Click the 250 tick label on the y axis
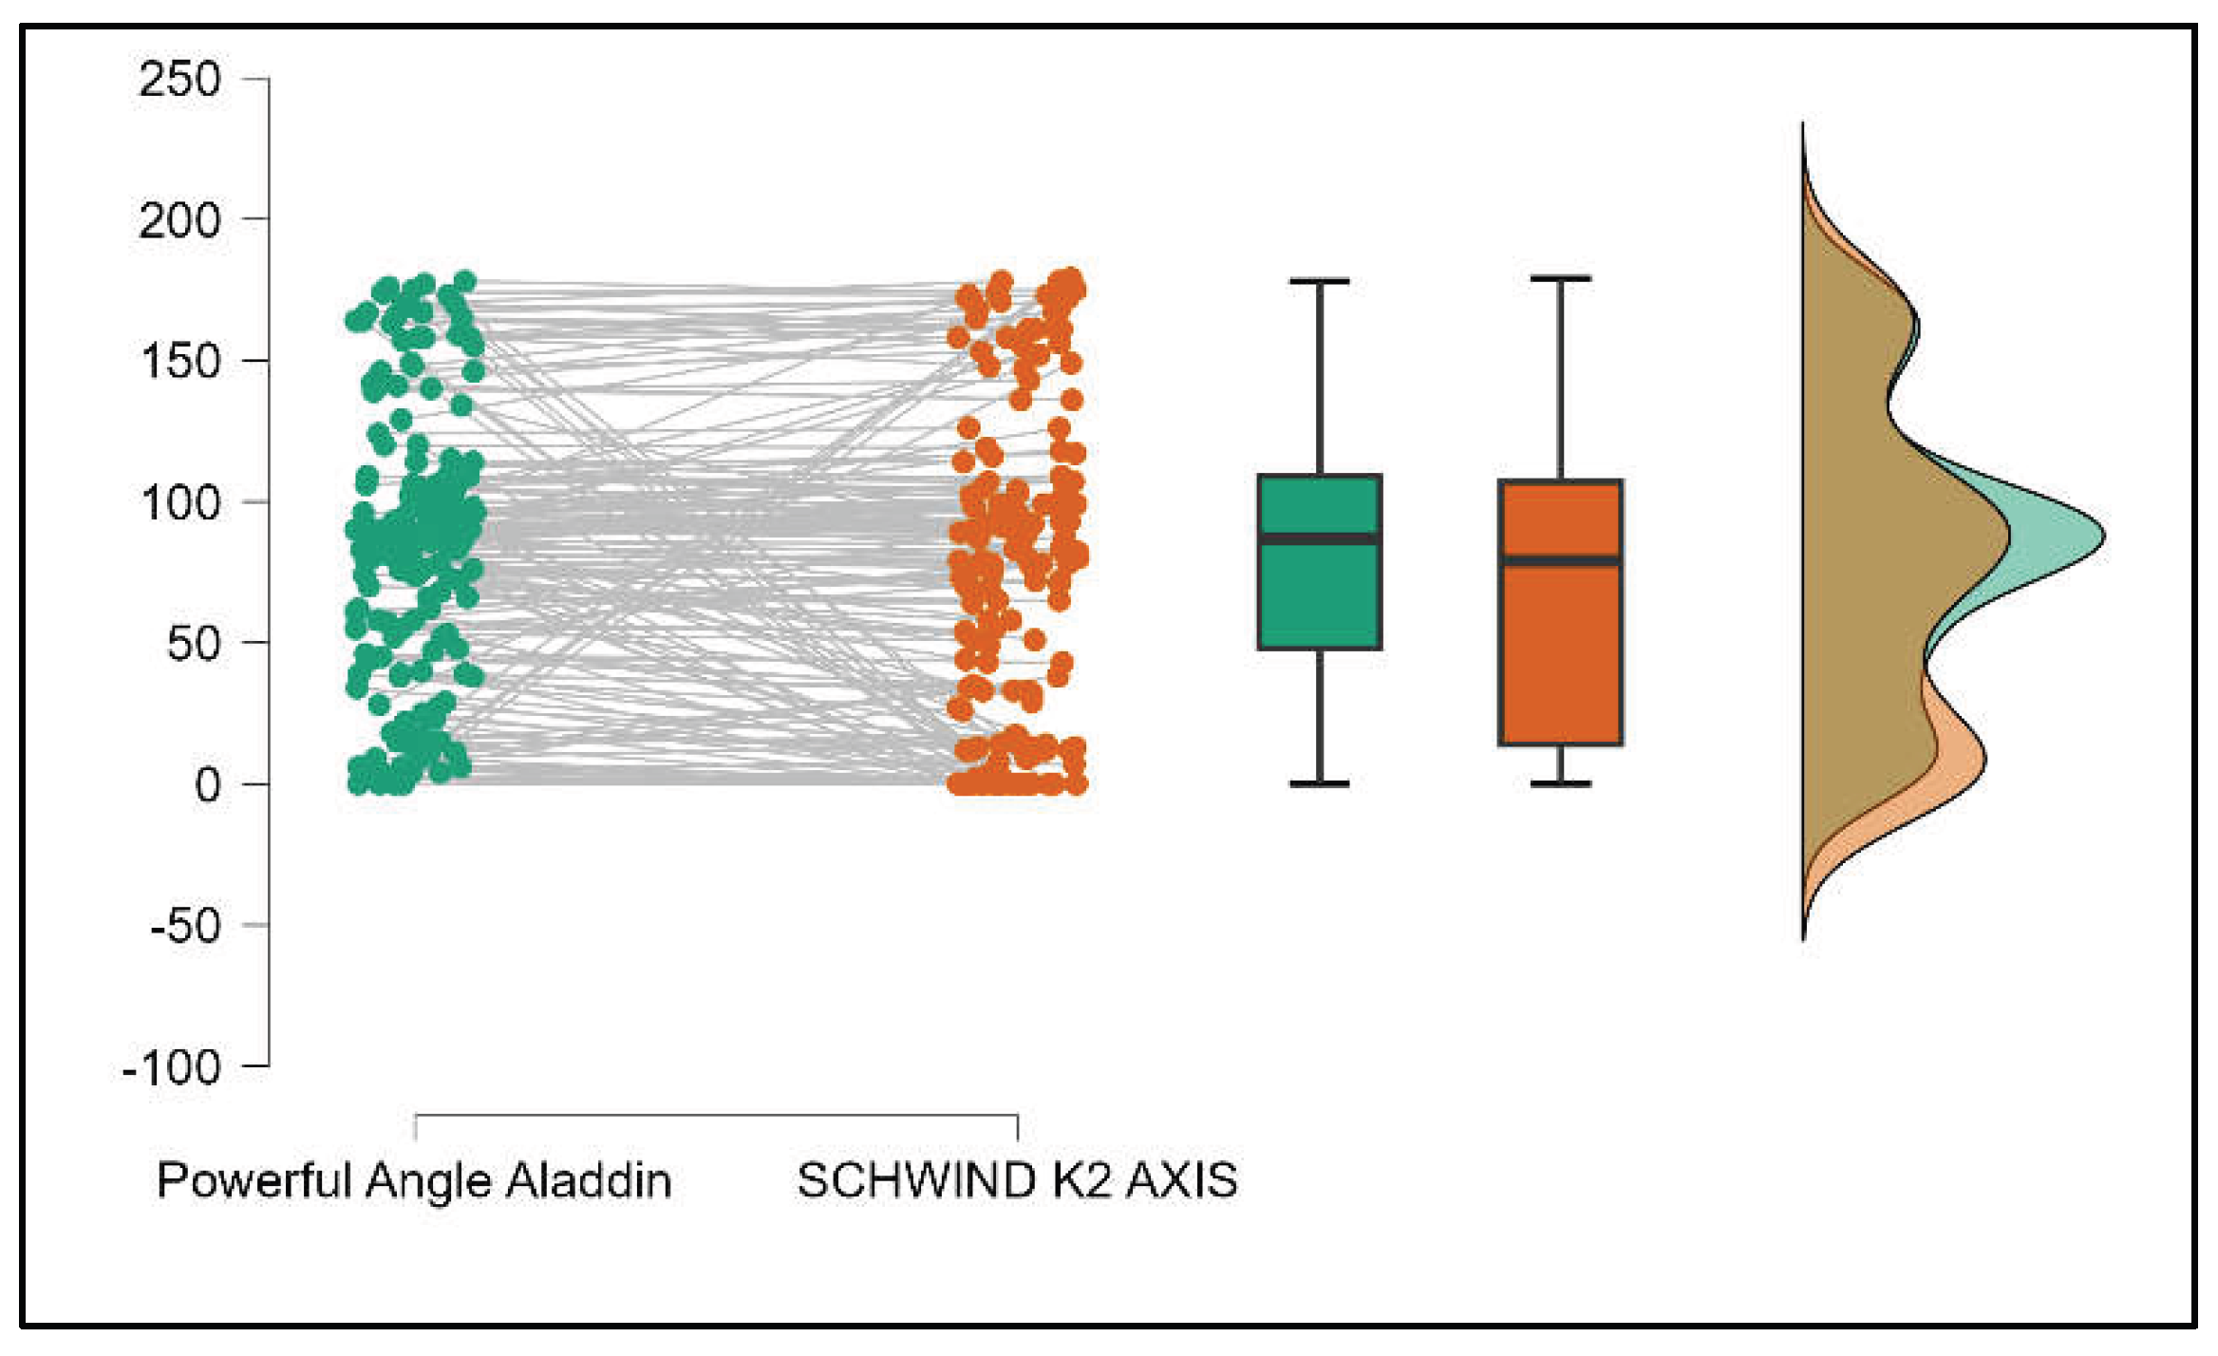pos(179,79)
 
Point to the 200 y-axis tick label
pos(179,221)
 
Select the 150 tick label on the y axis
pos(179,362)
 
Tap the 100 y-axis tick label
pos(179,502)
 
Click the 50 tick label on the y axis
pos(193,644)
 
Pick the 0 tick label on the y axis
pos(207,785)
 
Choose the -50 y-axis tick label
pos(185,926)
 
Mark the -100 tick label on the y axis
pos(172,1068)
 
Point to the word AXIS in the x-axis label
pos(1181,1180)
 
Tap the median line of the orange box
pos(1560,561)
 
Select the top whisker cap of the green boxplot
pos(1319,282)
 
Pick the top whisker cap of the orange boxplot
pos(1560,279)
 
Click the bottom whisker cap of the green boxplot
pos(1319,783)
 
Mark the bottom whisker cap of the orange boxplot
pos(1560,783)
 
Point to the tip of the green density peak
pos(2101,537)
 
